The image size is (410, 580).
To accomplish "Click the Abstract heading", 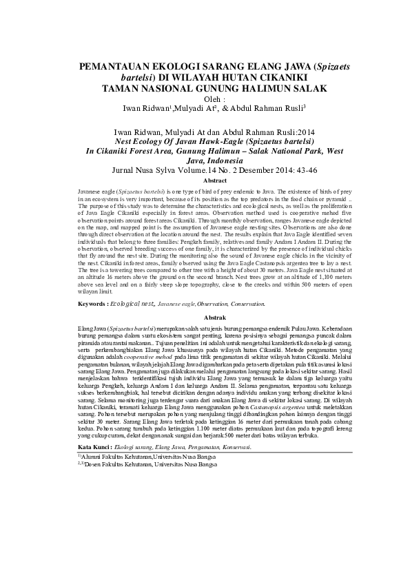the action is coord(205,180).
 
